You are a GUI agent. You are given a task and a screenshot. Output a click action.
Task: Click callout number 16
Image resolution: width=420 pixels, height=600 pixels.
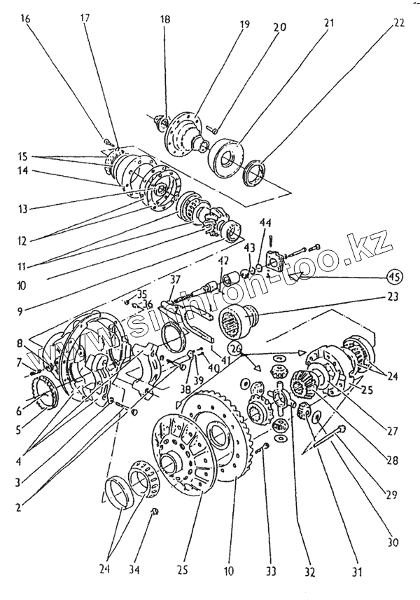point(25,20)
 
